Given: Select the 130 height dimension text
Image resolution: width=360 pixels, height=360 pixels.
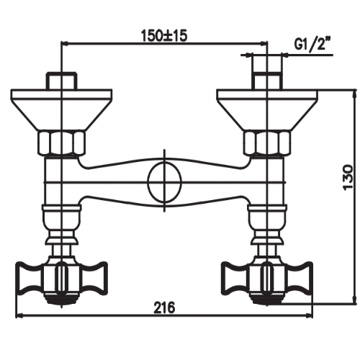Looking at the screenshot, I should coord(348,175).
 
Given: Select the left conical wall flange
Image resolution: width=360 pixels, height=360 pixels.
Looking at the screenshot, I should coord(62,108).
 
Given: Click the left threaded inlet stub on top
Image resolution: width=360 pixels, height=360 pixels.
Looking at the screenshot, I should coord(62,79).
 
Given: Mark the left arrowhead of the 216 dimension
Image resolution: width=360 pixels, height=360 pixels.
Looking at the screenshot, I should coord(20,315).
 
